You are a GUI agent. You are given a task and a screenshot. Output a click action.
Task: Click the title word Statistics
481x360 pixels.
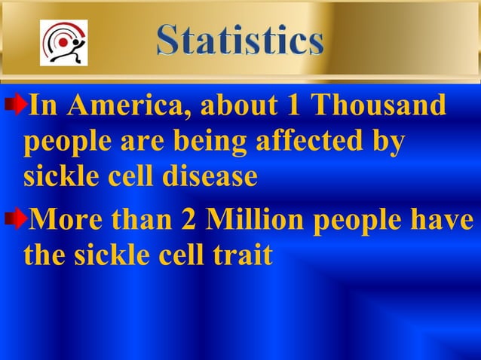tap(240, 41)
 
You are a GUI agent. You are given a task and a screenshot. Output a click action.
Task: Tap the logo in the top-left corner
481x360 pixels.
tap(63, 42)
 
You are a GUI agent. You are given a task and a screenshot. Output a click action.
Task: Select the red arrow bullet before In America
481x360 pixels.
tap(16, 105)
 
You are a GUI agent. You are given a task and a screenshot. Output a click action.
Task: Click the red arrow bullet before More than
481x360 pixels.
tap(16, 220)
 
